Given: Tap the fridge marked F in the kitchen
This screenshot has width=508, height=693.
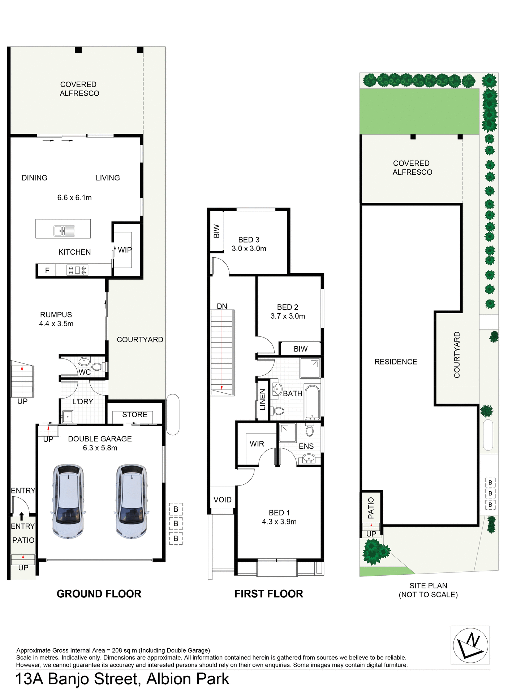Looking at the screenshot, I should [47, 270].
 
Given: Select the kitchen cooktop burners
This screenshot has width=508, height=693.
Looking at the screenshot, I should [77, 270].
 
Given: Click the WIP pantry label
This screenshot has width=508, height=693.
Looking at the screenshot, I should [125, 250].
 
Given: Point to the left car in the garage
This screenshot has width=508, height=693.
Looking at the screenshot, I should [68, 501].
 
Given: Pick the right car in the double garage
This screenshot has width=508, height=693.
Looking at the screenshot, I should [131, 501].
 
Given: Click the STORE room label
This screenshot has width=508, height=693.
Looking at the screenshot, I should [134, 415].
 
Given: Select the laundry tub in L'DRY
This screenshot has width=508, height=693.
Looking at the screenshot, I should [68, 417].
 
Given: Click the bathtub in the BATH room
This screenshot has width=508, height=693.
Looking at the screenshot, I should [312, 401].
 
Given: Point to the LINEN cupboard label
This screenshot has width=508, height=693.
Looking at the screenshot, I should [263, 400].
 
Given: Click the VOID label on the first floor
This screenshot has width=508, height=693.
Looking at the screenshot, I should [222, 500].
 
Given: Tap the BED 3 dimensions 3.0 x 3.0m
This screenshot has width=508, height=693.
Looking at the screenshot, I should [249, 249].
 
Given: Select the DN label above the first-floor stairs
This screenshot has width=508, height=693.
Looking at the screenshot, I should [222, 306].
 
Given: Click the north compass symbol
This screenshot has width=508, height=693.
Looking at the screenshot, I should [470, 646].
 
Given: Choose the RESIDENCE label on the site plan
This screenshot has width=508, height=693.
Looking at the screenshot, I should [396, 362].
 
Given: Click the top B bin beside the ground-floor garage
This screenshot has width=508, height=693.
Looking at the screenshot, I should [176, 509].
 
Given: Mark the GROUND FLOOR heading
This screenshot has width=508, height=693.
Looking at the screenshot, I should [99, 594].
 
